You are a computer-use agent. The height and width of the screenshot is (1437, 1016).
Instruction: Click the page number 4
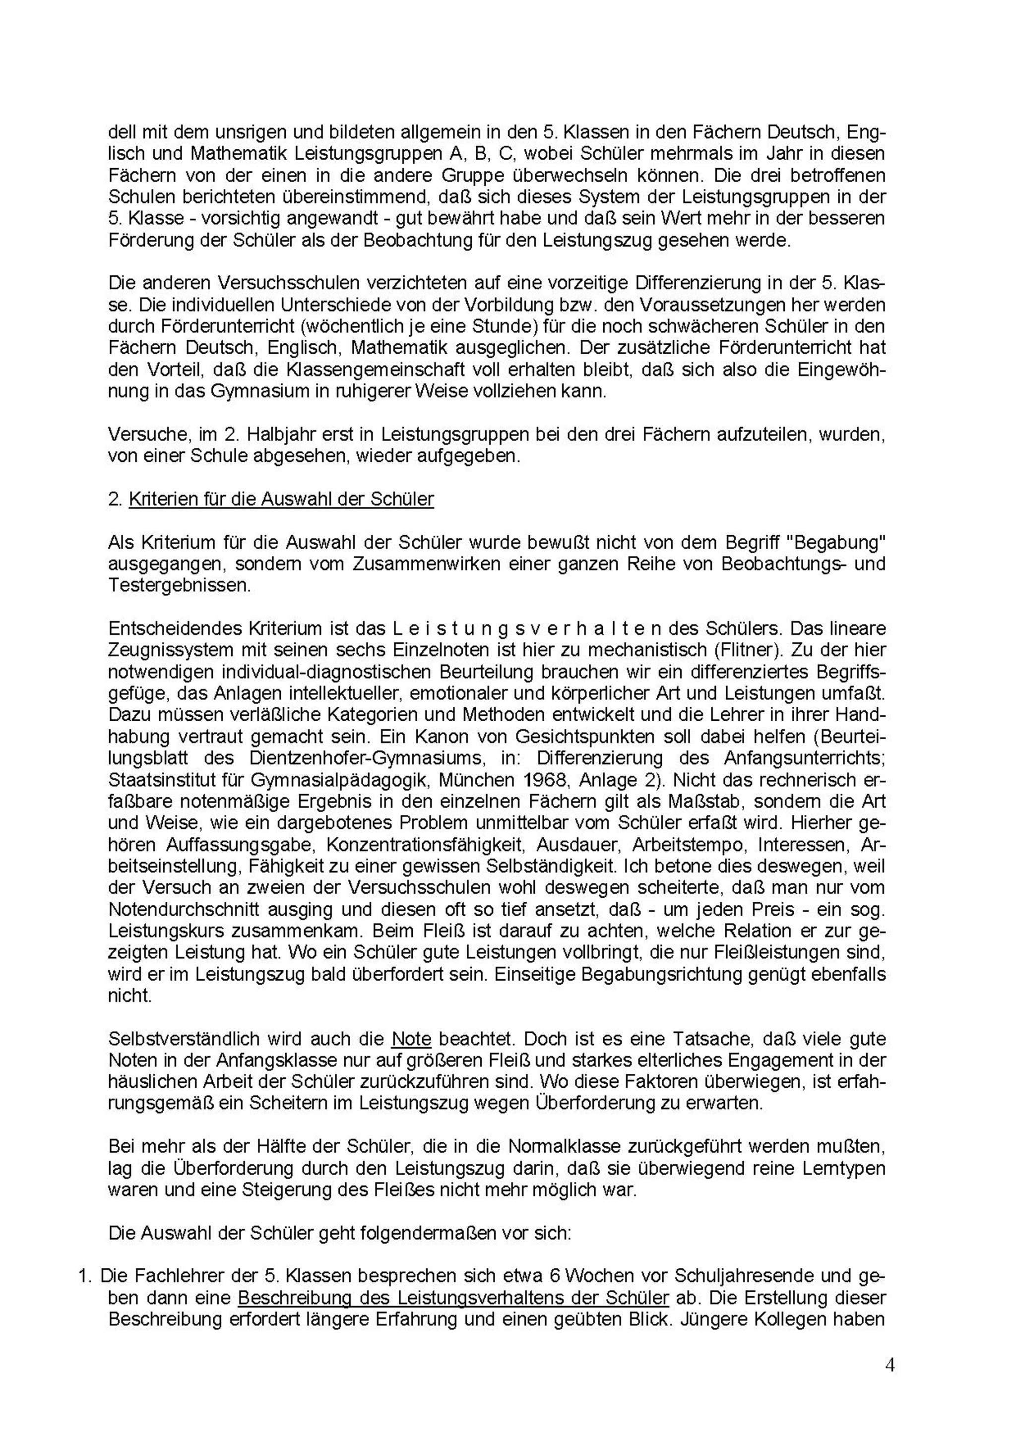pos(889,1377)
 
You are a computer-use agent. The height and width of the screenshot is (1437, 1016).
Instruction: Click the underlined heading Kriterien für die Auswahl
pos(281,500)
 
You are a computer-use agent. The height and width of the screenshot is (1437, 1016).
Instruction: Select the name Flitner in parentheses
pos(850,650)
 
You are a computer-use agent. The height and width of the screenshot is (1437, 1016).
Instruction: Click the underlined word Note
pos(411,1039)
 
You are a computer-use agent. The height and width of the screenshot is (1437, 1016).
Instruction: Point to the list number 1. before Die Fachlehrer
pos(84,1276)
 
